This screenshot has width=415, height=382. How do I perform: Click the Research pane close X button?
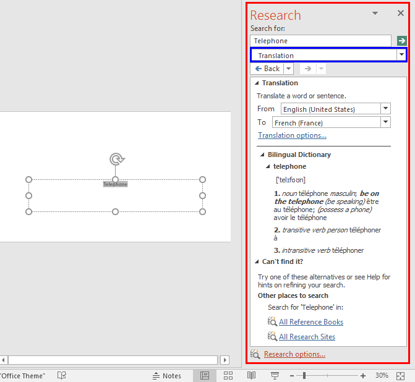pos(400,14)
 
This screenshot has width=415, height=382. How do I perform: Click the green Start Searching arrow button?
pos(402,41)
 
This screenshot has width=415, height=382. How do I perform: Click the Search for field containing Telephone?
pos(320,41)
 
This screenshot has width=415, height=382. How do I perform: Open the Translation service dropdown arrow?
pos(402,55)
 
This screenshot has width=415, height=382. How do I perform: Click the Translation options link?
pos(292,135)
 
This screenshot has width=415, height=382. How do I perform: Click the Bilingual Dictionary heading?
pos(299,155)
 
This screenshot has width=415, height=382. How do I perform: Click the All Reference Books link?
pos(310,321)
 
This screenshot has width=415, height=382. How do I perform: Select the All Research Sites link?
pos(307,337)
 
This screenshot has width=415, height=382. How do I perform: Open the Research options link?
pos(294,354)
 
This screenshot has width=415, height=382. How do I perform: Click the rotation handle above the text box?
pos(116,159)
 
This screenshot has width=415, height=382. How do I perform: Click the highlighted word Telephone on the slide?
pos(115,184)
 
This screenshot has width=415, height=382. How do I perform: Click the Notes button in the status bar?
pos(167,375)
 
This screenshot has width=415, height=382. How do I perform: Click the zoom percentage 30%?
pos(382,375)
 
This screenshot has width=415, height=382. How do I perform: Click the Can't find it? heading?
pos(282,261)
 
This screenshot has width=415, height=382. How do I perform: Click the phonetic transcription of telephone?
pos(290,180)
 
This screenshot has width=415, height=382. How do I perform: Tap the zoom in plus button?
pos(362,375)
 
